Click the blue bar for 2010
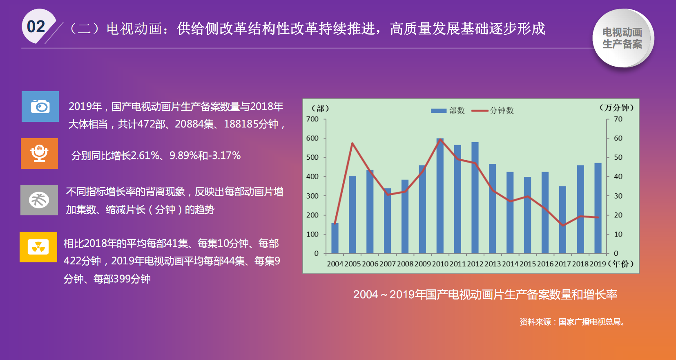point(440,196)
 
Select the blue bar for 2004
point(335,238)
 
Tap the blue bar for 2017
point(562,220)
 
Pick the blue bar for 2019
point(598,208)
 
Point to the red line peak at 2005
point(352,143)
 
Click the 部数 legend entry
point(448,111)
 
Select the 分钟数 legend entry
point(493,111)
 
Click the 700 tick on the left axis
point(312,119)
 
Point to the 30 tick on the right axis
point(618,196)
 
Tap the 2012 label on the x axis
point(475,264)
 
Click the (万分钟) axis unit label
point(616,107)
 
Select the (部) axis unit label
point(320,108)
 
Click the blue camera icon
point(40,106)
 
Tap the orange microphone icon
point(39,153)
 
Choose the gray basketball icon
point(39,200)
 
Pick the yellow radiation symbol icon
point(38,247)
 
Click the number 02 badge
point(38,27)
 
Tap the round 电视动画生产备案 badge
point(623,38)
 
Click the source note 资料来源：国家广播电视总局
point(572,322)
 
